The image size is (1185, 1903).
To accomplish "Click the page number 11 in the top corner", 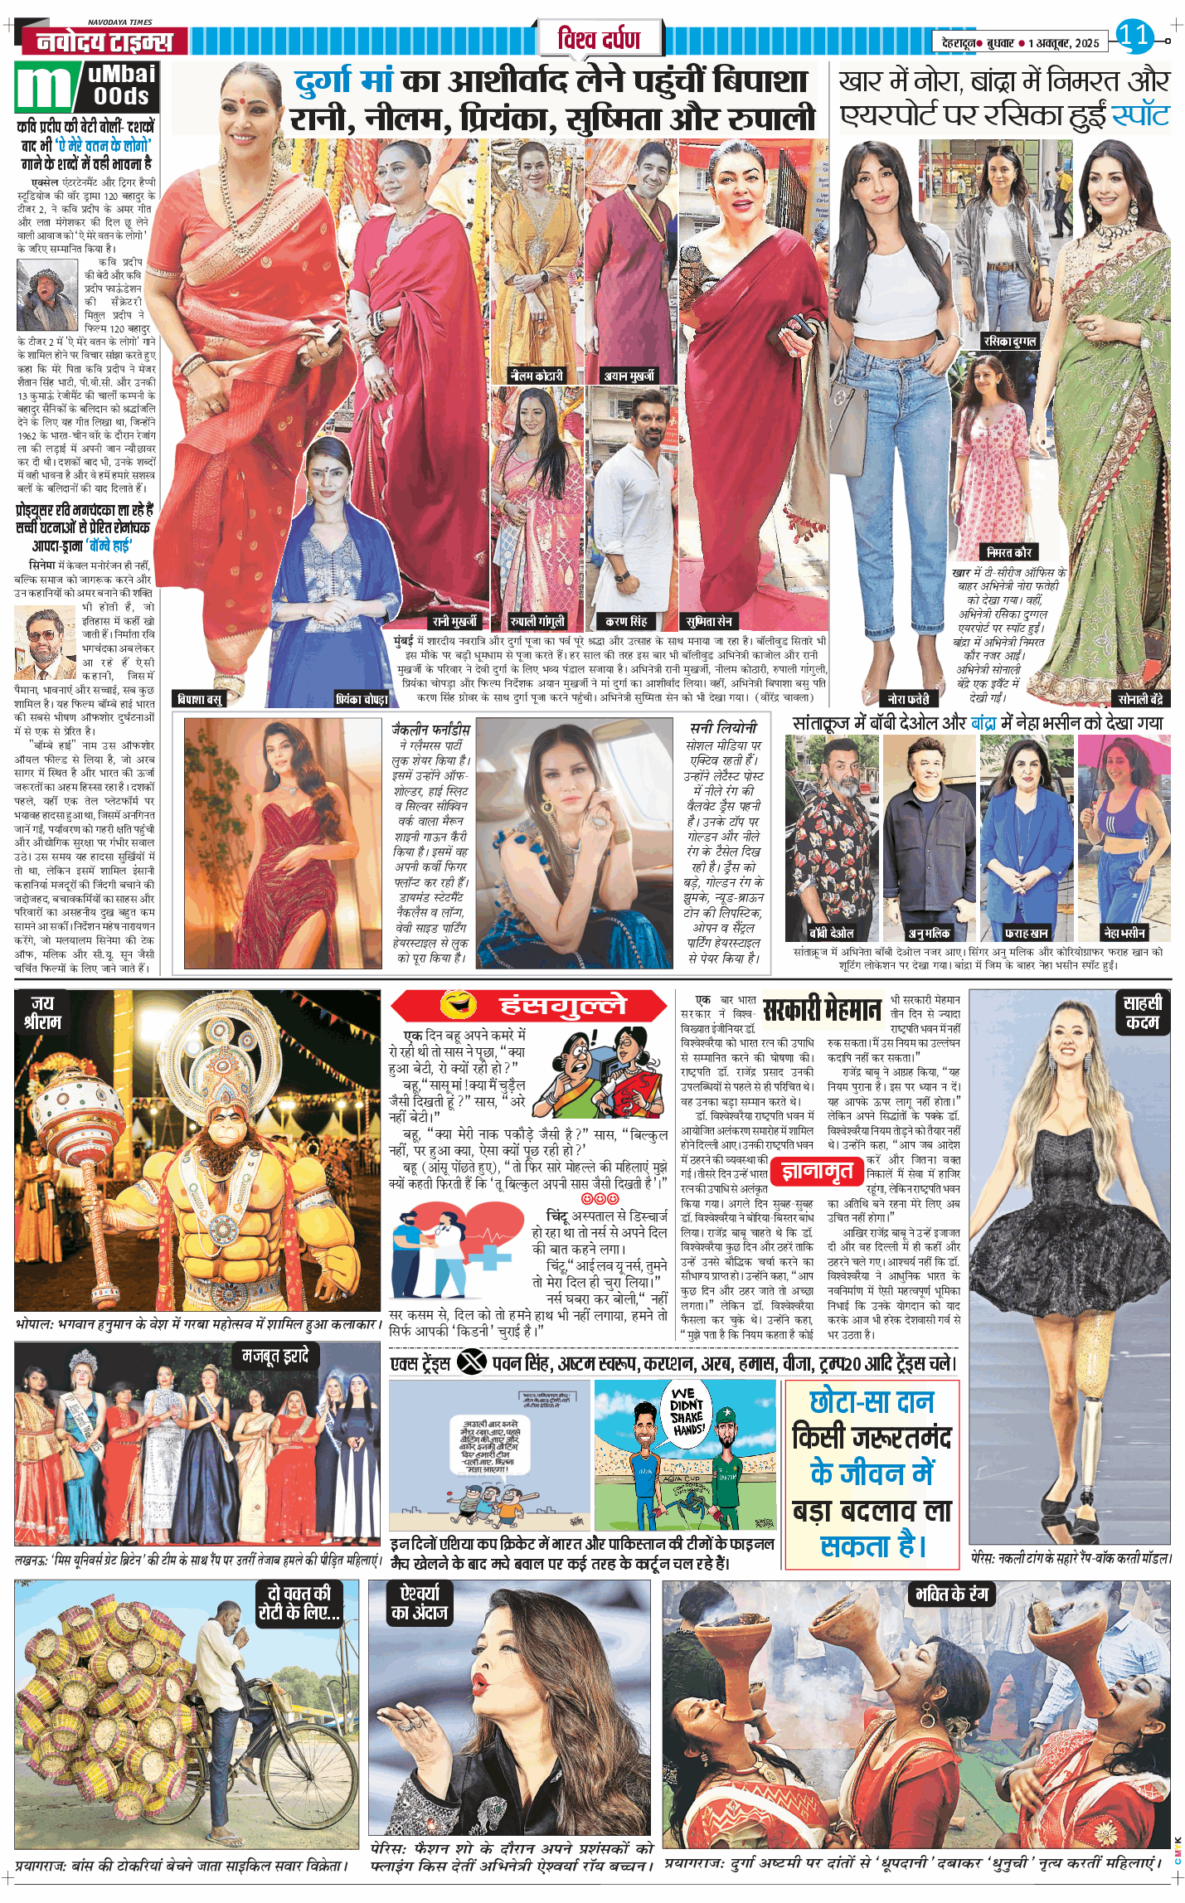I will pyautogui.click(x=1134, y=35).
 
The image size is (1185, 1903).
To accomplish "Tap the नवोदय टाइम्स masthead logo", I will pyautogui.click(x=104, y=41).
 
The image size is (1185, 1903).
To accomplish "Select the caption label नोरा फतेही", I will pyautogui.click(x=908, y=698).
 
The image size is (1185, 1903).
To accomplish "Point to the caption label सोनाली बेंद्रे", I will pyautogui.click(x=1140, y=698).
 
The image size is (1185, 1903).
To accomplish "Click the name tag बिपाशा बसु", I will pyautogui.click(x=200, y=699).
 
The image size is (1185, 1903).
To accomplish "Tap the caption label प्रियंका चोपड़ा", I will pyautogui.click(x=362, y=699).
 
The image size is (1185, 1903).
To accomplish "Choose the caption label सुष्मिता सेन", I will pyautogui.click(x=709, y=621).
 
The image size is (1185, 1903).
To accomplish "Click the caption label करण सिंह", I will pyautogui.click(x=626, y=621).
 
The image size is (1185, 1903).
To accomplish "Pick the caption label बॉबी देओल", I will pyautogui.click(x=831, y=933).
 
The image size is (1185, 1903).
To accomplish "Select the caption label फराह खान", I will pyautogui.click(x=1026, y=933).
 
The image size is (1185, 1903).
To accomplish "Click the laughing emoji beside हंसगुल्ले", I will pyautogui.click(x=459, y=1005).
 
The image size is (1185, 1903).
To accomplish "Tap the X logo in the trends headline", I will pyautogui.click(x=472, y=1362).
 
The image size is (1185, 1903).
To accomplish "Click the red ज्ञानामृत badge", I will pyautogui.click(x=817, y=1170).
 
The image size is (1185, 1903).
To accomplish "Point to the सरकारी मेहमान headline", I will pyautogui.click(x=822, y=1009).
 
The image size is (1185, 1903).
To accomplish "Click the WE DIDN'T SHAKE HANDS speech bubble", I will pyautogui.click(x=687, y=1410).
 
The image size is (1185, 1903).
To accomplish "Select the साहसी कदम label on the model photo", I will pyautogui.click(x=1142, y=1012).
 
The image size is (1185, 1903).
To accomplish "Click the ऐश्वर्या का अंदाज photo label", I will pyautogui.click(x=419, y=1603).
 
